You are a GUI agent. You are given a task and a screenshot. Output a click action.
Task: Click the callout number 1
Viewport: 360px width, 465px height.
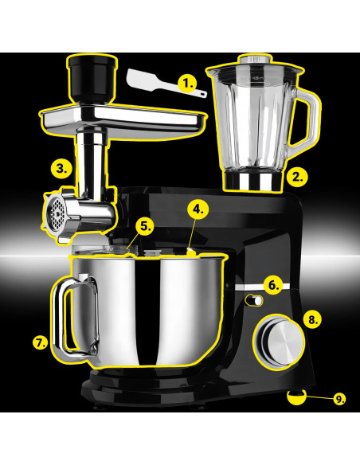click(x=188, y=82)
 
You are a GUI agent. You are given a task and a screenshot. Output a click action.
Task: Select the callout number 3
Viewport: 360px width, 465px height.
click(x=62, y=169)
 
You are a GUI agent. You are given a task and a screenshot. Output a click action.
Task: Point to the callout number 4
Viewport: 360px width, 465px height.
click(x=199, y=209)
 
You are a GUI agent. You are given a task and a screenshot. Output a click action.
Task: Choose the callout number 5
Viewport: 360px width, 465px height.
click(x=144, y=226)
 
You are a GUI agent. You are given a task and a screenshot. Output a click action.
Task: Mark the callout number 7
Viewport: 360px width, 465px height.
click(x=41, y=343)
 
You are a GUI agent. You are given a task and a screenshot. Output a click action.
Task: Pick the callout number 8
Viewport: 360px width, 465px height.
click(x=313, y=319)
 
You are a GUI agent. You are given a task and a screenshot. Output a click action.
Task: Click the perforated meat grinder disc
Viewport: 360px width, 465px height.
click(x=56, y=210)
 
